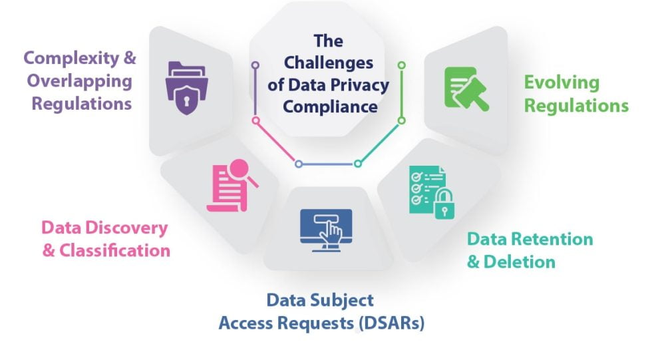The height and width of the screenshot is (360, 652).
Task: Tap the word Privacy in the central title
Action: click(363, 85)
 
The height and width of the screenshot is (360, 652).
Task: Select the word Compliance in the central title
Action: click(329, 106)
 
